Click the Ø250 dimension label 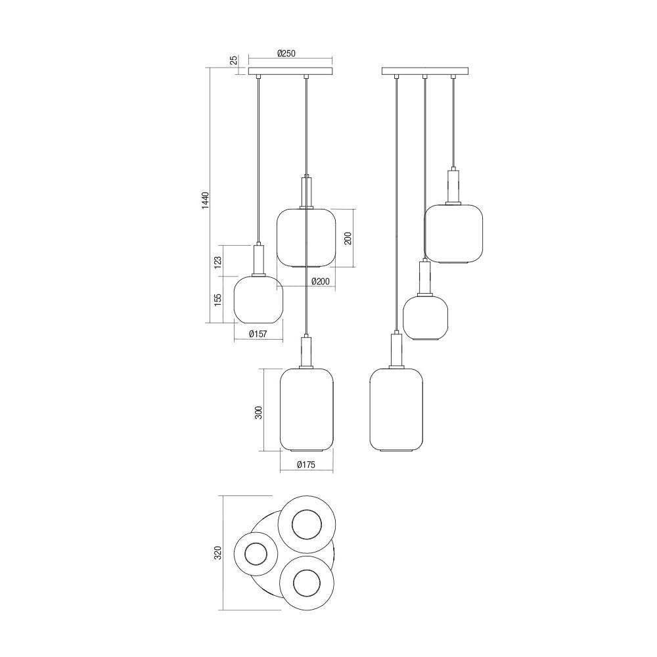tap(286, 53)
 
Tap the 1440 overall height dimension tap(205, 200)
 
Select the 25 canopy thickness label tap(235, 60)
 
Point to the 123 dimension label tap(217, 262)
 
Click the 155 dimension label tap(217, 300)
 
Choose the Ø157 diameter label tap(258, 334)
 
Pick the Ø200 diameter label tap(321, 282)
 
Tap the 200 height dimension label tap(348, 238)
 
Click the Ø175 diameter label tap(306, 464)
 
